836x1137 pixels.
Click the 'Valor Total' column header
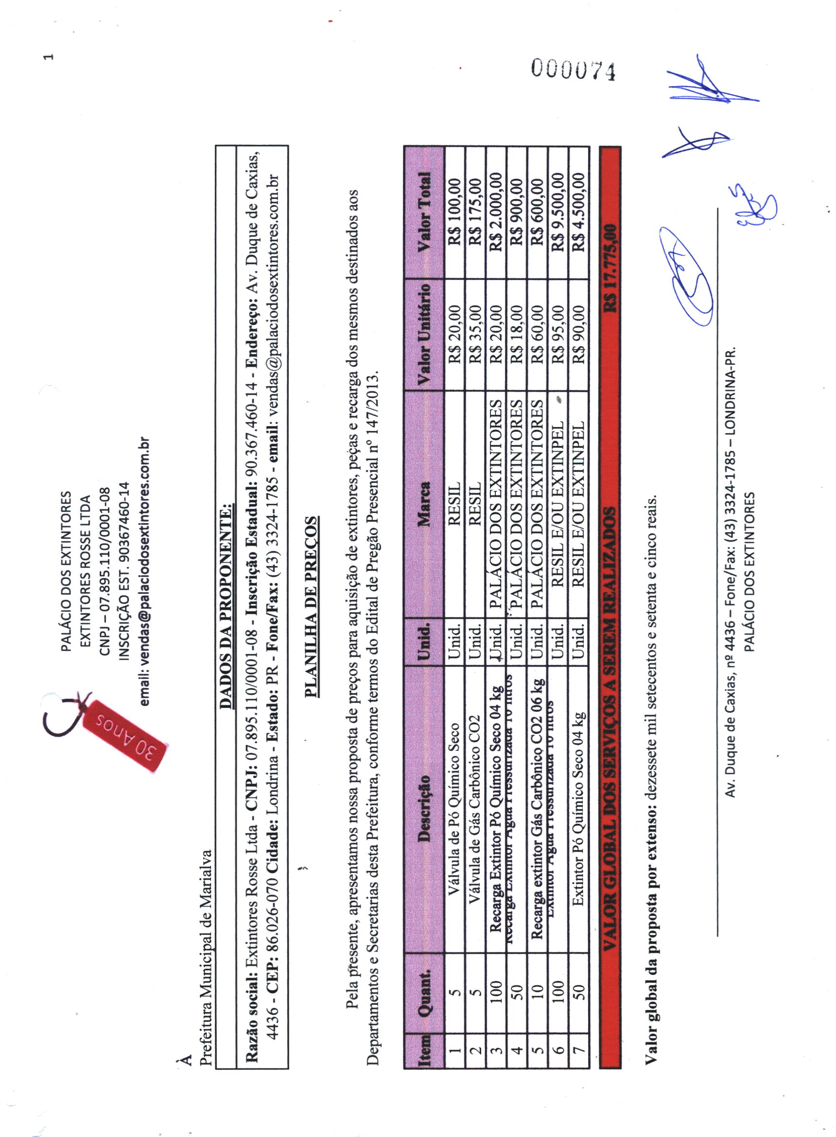click(424, 213)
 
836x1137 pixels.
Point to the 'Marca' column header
click(424, 504)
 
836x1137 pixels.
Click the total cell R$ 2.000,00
click(496, 213)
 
